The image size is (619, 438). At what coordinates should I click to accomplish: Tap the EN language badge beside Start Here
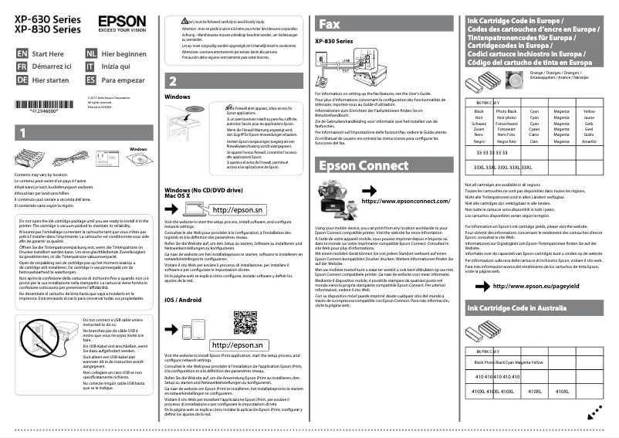click(x=22, y=54)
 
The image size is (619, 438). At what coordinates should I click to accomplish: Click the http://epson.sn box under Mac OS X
click(x=237, y=209)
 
